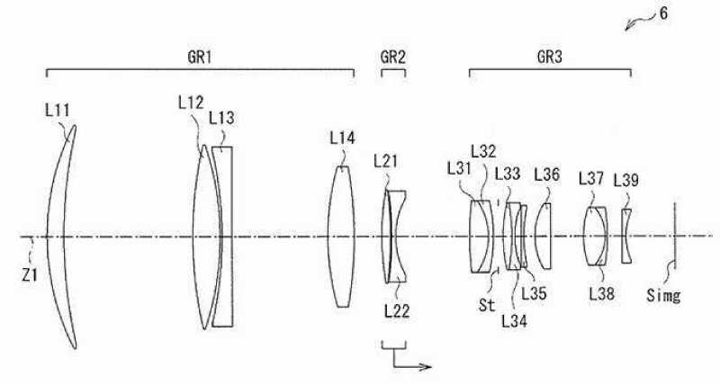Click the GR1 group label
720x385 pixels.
click(200, 58)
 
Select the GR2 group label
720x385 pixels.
click(393, 58)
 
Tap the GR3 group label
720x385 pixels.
click(550, 58)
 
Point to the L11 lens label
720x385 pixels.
click(58, 111)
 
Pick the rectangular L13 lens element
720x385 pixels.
click(223, 237)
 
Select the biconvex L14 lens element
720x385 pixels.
click(341, 237)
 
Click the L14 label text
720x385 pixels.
click(343, 138)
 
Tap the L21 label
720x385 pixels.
click(386, 161)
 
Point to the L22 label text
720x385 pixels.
click(397, 311)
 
